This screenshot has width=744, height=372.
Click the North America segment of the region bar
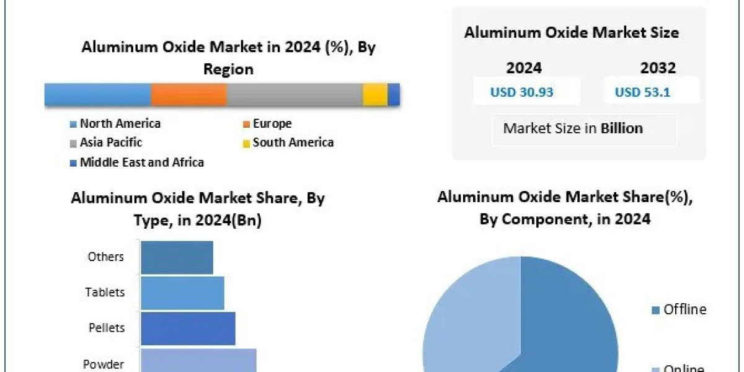tap(97, 95)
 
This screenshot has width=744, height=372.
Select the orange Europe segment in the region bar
tap(188, 95)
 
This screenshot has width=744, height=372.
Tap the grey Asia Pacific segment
tap(294, 95)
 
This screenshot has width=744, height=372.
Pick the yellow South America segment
tap(375, 95)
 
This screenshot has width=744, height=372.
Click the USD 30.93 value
tap(522, 92)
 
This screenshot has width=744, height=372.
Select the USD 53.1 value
tap(642, 92)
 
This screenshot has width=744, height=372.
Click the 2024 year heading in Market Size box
tap(524, 67)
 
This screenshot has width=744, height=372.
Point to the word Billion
tap(622, 128)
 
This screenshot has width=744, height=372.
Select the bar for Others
tap(177, 257)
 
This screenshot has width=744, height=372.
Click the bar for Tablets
tap(182, 293)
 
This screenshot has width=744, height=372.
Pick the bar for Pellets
tap(188, 328)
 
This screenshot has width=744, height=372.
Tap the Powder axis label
tap(104, 365)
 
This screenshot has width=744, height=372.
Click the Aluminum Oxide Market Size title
tap(571, 32)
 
